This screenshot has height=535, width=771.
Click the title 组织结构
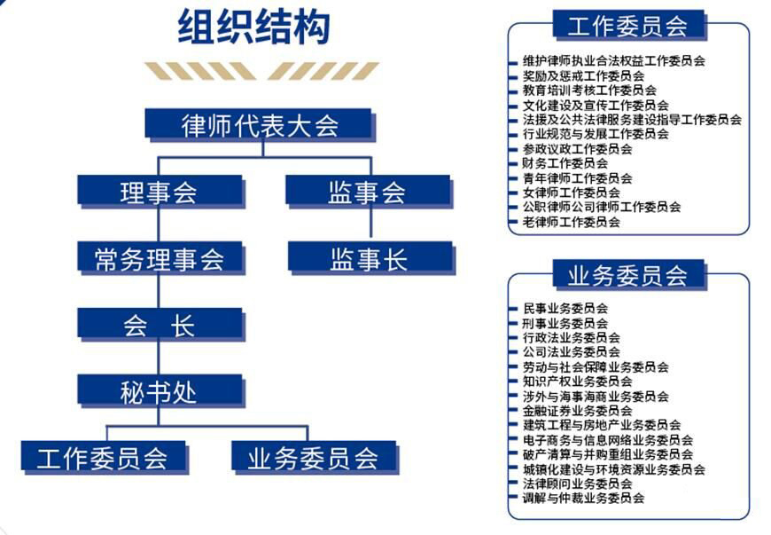[x=253, y=28]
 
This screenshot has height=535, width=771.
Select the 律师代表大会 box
[x=261, y=125]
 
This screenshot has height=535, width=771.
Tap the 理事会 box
[x=160, y=192]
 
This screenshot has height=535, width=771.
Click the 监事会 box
[x=369, y=192]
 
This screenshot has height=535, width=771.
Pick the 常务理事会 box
[x=160, y=258]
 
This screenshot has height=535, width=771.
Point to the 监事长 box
[x=370, y=258]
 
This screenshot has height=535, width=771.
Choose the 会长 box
[x=160, y=325]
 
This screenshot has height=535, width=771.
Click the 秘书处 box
[x=160, y=391]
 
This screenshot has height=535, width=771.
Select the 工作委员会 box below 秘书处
[x=105, y=458]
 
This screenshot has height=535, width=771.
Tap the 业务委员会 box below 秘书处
[x=315, y=458]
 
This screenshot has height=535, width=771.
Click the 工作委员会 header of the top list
[x=629, y=25]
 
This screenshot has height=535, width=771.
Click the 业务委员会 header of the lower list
[x=629, y=275]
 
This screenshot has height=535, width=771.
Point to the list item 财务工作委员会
[x=565, y=163]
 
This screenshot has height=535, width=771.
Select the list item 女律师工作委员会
[x=571, y=193]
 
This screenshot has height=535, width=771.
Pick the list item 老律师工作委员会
[x=571, y=222]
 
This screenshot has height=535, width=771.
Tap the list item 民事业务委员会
[x=565, y=309]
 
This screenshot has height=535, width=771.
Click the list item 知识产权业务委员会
[x=577, y=382]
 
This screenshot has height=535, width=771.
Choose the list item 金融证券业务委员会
[x=577, y=411]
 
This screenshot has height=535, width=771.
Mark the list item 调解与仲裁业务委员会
[x=583, y=498]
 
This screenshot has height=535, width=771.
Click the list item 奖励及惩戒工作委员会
[x=583, y=75]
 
